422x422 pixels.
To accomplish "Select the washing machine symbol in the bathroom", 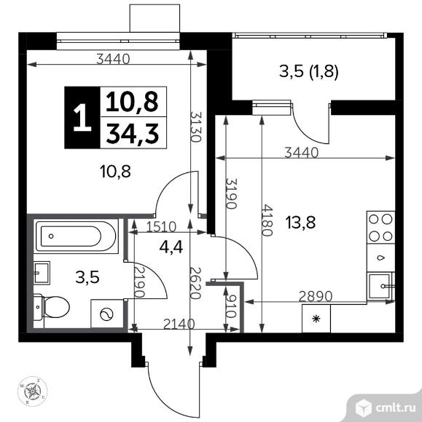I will click(x=106, y=314).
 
